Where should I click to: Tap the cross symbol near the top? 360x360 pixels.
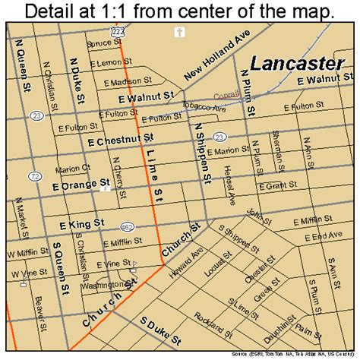(180, 32)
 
